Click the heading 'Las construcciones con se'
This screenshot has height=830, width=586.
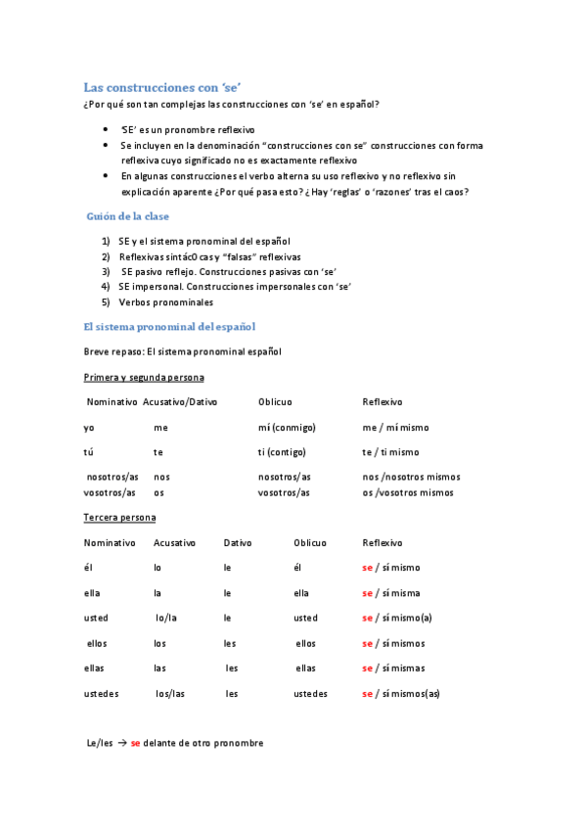coord(162,87)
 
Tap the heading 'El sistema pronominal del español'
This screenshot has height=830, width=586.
coord(169,326)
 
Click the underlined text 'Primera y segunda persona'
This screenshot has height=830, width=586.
coord(144,377)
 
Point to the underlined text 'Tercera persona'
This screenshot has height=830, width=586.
coord(119,517)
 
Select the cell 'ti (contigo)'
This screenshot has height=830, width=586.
coord(282,452)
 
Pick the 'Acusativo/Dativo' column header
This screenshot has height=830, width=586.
coord(180,402)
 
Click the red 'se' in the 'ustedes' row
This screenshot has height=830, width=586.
coord(368,694)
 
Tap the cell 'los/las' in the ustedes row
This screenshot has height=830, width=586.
coord(170,694)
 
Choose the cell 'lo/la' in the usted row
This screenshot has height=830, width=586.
coord(167,619)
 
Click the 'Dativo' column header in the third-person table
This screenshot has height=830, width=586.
coord(238,542)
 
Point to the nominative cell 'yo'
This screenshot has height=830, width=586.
coord(89,428)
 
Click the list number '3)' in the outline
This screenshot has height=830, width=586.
coord(106,271)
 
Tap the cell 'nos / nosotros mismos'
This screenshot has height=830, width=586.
coord(411,477)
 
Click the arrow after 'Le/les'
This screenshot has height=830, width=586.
coord(122,744)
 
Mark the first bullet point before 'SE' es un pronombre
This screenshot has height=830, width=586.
coord(106,129)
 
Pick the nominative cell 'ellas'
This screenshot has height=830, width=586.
coord(97,669)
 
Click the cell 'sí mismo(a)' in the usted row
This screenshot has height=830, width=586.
coord(406,619)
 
